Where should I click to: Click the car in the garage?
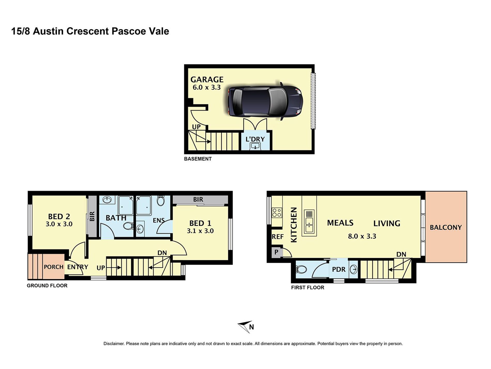coord(265,101)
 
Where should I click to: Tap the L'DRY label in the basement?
coord(255,139)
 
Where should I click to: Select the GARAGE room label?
coord(207,79)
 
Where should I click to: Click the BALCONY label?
coord(446,227)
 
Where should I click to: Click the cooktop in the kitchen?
coord(277,213)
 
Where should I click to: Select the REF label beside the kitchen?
coord(278,237)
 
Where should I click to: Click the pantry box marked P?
coord(276,252)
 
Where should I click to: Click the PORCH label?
coord(53,267)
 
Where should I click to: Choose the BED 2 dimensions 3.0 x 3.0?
coord(59,224)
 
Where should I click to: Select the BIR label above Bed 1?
coord(198,199)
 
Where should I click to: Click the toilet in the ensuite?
coord(160,201)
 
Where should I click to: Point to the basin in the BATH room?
coord(107,200)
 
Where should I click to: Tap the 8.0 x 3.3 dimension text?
coord(362,236)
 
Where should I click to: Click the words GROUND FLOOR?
coord(47,286)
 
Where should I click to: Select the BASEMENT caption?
coord(198,159)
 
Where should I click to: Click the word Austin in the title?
coord(48,31)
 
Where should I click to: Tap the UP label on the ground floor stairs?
coord(101,268)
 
